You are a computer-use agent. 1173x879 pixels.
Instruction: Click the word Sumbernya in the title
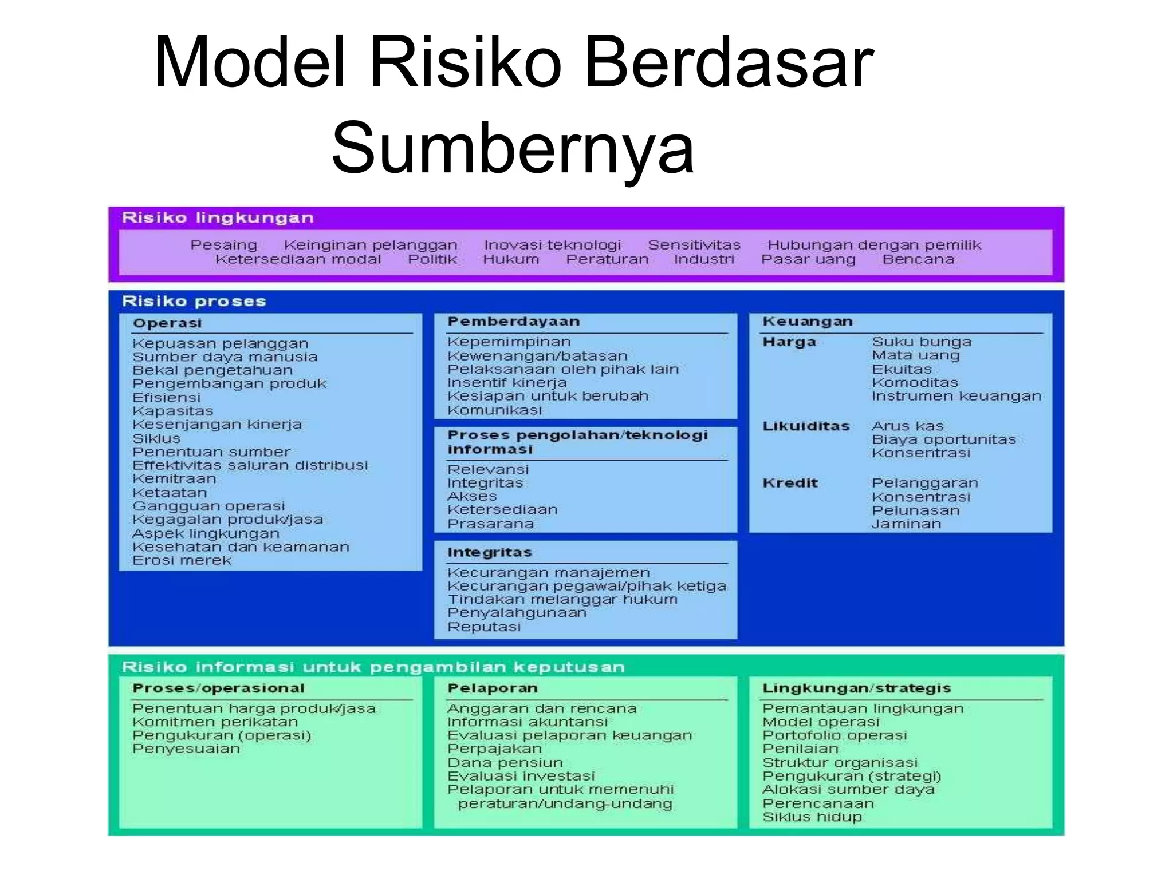point(513,148)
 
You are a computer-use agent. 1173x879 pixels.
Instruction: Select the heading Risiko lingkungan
point(218,218)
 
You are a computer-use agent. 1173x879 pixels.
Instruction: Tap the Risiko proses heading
point(194,301)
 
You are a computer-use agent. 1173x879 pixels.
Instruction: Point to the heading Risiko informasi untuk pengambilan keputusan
point(373,667)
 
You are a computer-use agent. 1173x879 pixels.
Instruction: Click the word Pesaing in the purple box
point(223,245)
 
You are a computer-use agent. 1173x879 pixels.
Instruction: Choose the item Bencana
point(918,259)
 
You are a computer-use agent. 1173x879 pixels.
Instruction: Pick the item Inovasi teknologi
point(552,245)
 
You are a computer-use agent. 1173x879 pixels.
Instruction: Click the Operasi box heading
point(167,323)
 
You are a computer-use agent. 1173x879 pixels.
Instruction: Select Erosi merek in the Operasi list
point(182,560)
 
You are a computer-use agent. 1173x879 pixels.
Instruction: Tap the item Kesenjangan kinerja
point(217,425)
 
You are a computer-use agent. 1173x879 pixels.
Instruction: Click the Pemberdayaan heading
point(513,322)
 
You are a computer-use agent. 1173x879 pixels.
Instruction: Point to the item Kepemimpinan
point(509,342)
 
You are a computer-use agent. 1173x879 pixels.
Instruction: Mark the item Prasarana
point(490,524)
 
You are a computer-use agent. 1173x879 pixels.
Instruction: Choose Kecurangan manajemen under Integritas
point(548,573)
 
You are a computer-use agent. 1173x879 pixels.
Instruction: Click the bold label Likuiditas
point(806,426)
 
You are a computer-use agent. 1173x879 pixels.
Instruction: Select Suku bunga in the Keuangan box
point(922,342)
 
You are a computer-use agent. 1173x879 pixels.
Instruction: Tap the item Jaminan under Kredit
point(906,524)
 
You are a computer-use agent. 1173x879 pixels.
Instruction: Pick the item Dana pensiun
point(505,763)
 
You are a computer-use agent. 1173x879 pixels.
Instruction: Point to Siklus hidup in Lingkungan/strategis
point(812,817)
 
